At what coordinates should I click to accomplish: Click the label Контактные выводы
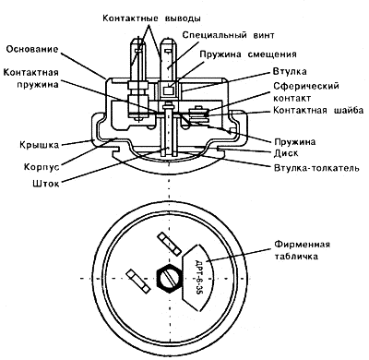coord(151,18)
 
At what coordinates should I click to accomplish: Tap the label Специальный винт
coord(228,35)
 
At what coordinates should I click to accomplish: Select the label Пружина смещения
coord(248,54)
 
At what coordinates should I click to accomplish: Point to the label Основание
coord(32,49)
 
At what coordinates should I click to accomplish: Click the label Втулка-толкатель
coord(316,168)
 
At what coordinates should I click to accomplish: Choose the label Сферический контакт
coord(306,91)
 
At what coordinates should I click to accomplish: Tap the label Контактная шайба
coord(318,110)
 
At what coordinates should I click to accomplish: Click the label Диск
coord(286,153)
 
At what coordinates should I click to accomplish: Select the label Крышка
coord(39,145)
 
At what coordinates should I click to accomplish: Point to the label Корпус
coord(42,167)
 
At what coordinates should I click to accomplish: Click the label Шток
coord(45,184)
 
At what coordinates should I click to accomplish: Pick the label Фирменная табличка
coord(302,250)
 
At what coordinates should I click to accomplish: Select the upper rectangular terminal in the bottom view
coord(169,244)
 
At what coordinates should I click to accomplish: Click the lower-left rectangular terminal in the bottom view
coord(138,281)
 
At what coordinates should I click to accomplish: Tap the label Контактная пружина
coord(30,78)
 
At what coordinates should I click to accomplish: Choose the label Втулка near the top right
coord(290,72)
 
